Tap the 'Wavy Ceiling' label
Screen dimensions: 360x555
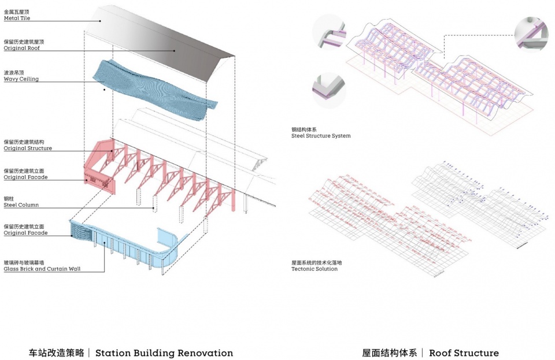21,79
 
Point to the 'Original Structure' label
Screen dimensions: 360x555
28,149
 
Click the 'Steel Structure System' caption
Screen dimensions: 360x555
321,136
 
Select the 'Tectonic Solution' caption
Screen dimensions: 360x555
314,269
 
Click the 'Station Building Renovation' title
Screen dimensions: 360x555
164,352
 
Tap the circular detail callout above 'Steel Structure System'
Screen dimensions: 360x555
328,90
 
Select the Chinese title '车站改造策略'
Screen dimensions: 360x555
56,352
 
